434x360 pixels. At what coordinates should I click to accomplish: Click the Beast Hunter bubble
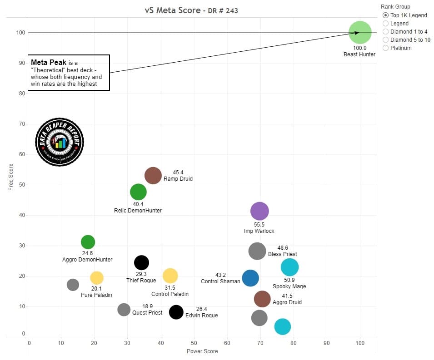[360, 33]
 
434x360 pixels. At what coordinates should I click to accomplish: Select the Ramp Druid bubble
[153, 175]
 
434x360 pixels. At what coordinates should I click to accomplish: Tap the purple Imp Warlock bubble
[259, 211]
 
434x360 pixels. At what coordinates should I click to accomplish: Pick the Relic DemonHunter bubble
[138, 192]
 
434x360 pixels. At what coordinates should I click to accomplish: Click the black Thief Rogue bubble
[142, 262]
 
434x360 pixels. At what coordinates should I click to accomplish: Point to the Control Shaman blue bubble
[250, 278]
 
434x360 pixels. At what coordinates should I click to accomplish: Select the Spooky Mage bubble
[289, 267]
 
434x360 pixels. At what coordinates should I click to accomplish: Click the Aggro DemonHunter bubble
[88, 242]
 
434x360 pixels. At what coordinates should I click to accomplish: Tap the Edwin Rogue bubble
[176, 312]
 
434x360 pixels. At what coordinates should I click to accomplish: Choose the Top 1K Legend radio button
[386, 15]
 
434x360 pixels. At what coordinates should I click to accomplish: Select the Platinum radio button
[386, 48]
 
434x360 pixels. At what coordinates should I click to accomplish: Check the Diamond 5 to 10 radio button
[386, 39]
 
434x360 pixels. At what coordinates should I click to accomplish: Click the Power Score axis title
[202, 351]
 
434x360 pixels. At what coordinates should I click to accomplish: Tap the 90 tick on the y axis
[21, 63]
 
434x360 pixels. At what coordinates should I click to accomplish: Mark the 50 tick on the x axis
[194, 343]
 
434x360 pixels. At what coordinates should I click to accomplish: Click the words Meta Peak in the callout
[45, 62]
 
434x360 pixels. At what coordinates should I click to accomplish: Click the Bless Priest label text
[282, 254]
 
